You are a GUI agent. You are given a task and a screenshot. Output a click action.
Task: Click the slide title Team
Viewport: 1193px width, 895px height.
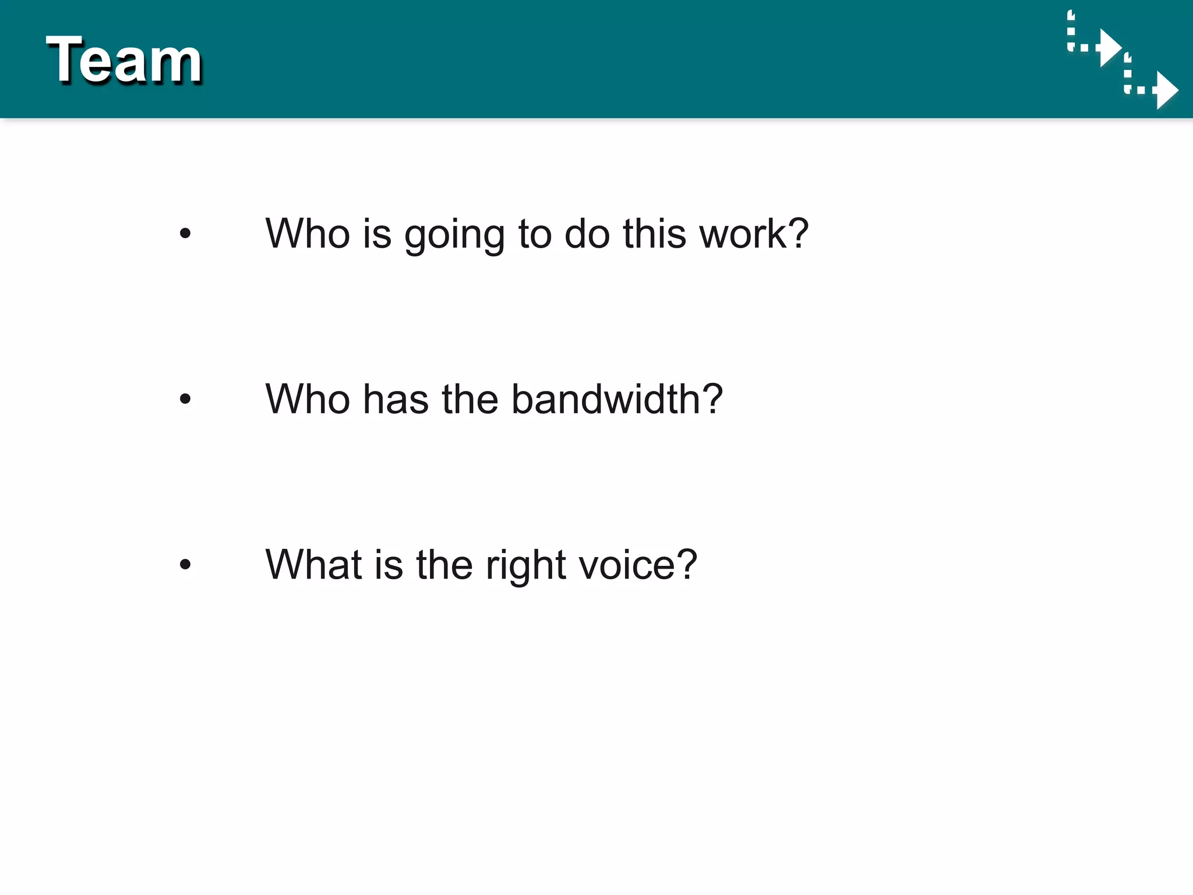pos(124,60)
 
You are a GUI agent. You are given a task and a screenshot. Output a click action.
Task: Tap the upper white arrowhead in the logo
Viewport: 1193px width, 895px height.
pos(1109,48)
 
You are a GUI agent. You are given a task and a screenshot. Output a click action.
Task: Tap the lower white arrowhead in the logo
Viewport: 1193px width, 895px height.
pos(1166,90)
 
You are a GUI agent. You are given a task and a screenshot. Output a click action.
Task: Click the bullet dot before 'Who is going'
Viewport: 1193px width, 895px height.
pos(185,234)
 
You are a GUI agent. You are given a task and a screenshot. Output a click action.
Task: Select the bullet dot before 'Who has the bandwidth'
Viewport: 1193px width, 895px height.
pos(185,399)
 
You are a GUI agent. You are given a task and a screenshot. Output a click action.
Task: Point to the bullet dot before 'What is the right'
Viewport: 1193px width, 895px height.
pos(185,564)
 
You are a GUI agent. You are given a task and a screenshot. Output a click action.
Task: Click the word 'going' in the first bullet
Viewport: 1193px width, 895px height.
pos(454,235)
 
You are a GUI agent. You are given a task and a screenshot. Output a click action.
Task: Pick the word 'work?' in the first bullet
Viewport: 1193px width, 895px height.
pos(754,234)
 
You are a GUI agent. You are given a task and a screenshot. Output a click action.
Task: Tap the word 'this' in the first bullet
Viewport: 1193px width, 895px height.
pos(654,234)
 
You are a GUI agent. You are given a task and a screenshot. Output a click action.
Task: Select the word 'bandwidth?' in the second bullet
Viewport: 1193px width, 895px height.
pos(617,399)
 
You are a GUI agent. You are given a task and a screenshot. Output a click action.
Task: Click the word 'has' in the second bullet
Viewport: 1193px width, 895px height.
pos(396,399)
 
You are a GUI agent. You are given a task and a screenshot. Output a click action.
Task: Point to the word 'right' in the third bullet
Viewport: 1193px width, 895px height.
pos(525,566)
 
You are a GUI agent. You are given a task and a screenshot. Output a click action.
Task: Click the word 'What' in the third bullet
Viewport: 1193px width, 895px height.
pos(313,565)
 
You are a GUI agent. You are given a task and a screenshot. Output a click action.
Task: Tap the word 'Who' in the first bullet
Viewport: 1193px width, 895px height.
pos(308,234)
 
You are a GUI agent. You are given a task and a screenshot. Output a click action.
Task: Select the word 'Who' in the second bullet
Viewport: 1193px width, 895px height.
pos(308,399)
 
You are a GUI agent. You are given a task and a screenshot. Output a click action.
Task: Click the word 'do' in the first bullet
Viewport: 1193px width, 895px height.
pos(587,234)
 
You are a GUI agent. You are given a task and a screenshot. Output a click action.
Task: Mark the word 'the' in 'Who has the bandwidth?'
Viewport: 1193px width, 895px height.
pos(470,399)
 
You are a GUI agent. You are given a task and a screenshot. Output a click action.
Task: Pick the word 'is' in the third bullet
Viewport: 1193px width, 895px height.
pos(389,565)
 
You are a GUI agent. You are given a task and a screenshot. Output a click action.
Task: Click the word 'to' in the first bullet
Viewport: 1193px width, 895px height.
pos(535,234)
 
